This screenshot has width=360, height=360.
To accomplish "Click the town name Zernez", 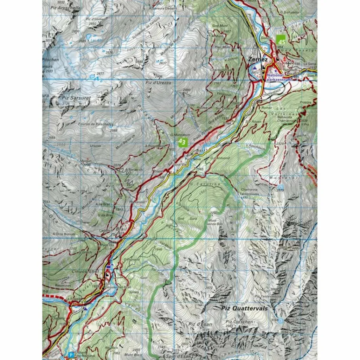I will (x=257, y=59).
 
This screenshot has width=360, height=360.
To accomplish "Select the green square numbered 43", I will (x=182, y=142).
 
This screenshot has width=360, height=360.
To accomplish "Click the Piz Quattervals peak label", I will (x=245, y=308).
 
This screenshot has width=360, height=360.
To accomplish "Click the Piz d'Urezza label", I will (x=157, y=83).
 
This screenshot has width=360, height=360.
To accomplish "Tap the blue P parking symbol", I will (x=71, y=355).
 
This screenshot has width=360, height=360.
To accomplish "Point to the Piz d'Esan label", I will (x=200, y=324).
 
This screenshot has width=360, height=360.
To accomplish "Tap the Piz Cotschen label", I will (x=239, y=322).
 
